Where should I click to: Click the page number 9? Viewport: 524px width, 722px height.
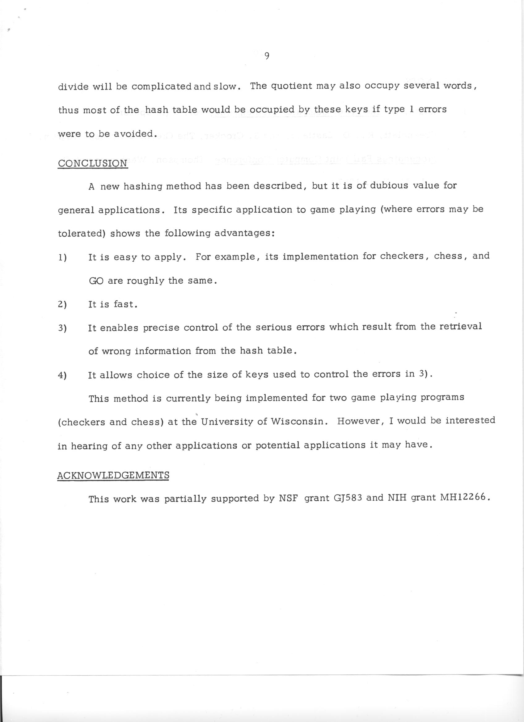point(267,56)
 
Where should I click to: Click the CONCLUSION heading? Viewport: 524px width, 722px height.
point(93,163)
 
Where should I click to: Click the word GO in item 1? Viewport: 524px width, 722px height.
point(96,281)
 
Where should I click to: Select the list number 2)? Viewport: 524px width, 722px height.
point(62,304)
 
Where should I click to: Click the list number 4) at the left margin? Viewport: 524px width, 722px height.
point(62,375)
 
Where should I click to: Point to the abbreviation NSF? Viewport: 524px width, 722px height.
point(288,499)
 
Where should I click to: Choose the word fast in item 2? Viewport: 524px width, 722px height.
point(125,304)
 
